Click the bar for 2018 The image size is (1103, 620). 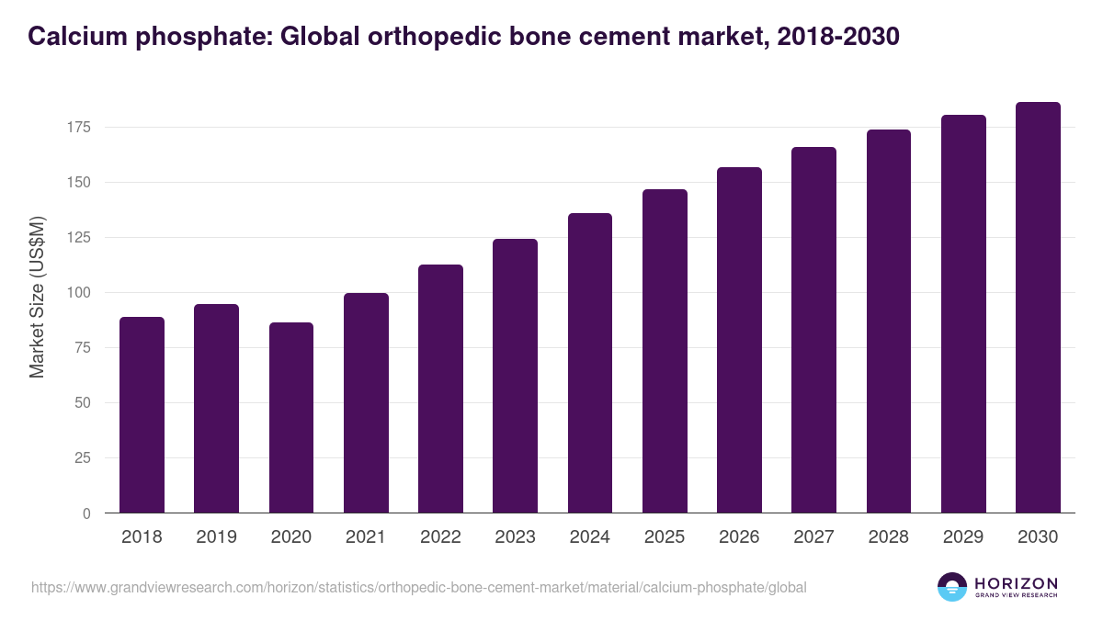pos(142,415)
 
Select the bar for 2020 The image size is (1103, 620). pos(291,418)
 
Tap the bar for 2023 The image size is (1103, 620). pos(515,376)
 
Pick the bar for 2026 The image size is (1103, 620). pos(739,340)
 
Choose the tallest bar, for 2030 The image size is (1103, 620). pos(1038,308)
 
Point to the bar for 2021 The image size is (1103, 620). pos(366,403)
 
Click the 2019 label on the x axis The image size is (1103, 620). pos(217,536)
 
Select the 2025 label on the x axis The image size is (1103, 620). pos(665,536)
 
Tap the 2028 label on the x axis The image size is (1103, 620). pos(889,536)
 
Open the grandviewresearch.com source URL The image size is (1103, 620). pos(419,587)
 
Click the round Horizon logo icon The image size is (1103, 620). pos(952,587)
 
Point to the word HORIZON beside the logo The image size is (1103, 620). pos(1016,583)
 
